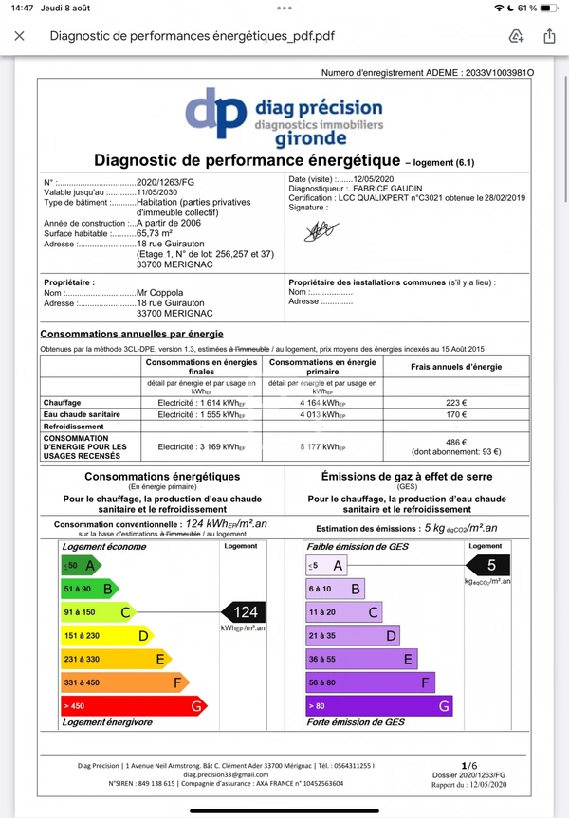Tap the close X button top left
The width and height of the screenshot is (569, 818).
tap(20, 37)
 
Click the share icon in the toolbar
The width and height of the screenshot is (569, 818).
tap(549, 36)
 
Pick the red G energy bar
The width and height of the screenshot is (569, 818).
tap(132, 705)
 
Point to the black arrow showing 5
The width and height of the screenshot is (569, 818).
tap(487, 566)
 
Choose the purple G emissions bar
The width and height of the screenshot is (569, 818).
tap(378, 705)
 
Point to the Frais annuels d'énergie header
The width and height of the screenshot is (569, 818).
tap(457, 367)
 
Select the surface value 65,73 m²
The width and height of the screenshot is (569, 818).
tap(158, 233)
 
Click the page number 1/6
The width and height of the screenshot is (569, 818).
tap(468, 764)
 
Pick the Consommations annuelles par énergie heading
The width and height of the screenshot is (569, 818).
tap(131, 334)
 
